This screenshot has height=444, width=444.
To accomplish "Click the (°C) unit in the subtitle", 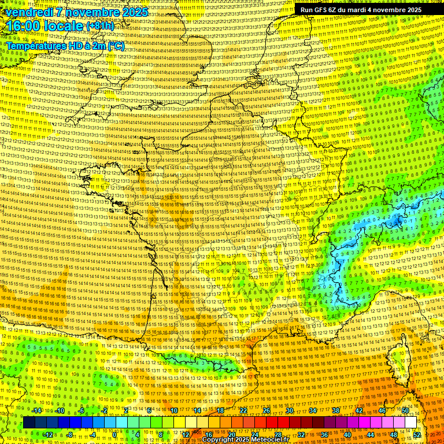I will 114,46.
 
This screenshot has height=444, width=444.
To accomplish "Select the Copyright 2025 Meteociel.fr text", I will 249,439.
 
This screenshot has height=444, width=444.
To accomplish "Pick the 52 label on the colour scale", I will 417,434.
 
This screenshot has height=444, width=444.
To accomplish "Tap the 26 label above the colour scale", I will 267,410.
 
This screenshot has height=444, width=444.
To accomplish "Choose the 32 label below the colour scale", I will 301,434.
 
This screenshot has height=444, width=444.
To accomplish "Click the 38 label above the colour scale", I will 336,410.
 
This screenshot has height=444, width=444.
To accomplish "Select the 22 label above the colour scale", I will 243,410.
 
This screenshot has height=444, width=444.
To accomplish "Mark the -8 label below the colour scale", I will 69,434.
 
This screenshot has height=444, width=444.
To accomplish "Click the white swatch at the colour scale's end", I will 410,423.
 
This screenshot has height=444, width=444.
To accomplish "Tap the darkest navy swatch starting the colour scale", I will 29,423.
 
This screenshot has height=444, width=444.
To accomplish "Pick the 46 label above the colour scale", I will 382,410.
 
